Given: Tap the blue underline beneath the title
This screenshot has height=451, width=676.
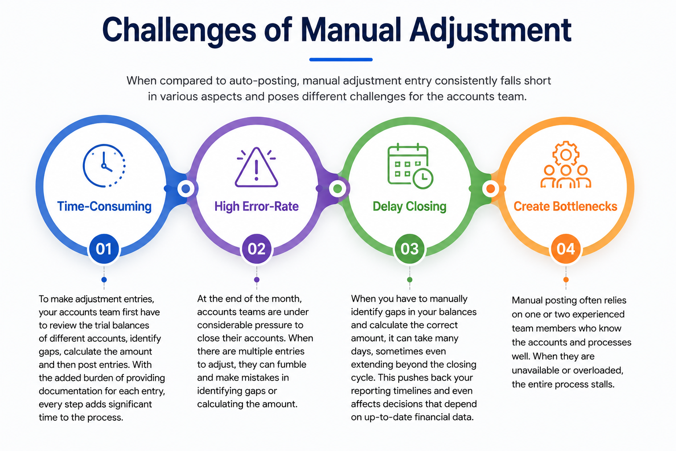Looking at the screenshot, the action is point(341,59).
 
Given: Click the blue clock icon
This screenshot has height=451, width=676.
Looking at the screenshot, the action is point(104,166).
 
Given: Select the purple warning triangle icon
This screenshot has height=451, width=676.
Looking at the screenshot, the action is point(256,167).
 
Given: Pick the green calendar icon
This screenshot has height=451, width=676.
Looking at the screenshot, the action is point(410,166).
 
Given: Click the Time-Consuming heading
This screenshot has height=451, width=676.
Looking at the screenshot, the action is point(104,206).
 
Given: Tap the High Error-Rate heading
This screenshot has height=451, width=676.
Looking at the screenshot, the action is point(257,206).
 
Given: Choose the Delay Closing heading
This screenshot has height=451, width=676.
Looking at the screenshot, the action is point(410,207).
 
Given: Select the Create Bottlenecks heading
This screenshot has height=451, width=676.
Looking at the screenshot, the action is point(566,206).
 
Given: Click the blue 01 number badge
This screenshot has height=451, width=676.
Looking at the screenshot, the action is point(104,249).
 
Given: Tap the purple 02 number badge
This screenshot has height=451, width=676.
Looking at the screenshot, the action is point(257,249).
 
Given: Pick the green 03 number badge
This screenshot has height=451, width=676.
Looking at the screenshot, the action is point(410,249).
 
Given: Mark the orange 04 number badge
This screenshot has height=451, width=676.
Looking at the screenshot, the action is point(566,249).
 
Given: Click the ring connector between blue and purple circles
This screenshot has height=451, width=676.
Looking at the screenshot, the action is point(186,189).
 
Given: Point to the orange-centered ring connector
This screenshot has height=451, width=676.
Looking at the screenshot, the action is point(490,189).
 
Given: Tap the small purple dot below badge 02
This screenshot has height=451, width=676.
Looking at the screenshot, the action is point(257,280).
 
